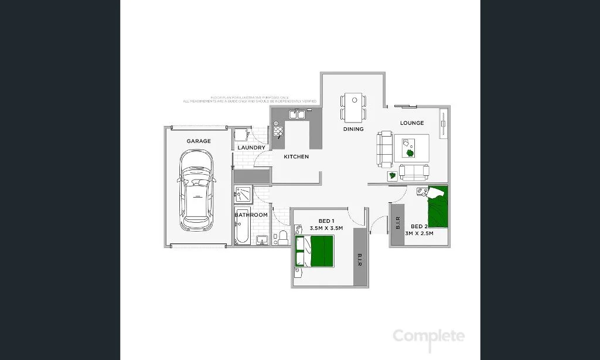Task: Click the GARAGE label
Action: pyautogui.click(x=199, y=141)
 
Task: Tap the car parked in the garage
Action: pyautogui.click(x=197, y=191)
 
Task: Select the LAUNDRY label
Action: pyautogui.click(x=251, y=148)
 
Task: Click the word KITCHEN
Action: pyautogui.click(x=296, y=157)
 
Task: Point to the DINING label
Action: pyautogui.click(x=353, y=129)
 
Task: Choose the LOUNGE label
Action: pyautogui.click(x=412, y=123)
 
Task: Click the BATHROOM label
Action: pyautogui.click(x=251, y=215)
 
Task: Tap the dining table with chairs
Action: pyautogui.click(x=353, y=107)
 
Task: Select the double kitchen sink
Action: pyautogui.click(x=296, y=114)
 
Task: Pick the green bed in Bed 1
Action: pyautogui.click(x=321, y=251)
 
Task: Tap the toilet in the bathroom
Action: pyautogui.click(x=282, y=237)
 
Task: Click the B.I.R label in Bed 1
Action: pyautogui.click(x=360, y=259)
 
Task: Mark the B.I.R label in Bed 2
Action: pyautogui.click(x=397, y=223)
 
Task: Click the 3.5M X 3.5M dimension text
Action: pyautogui.click(x=326, y=227)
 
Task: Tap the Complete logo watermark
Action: pyautogui.click(x=428, y=337)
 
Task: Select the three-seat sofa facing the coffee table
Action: pyautogui.click(x=384, y=149)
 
